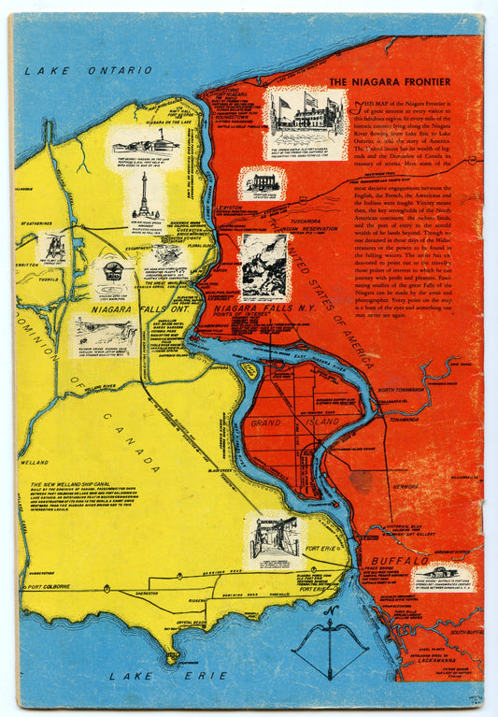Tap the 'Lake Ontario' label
click(89, 70)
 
